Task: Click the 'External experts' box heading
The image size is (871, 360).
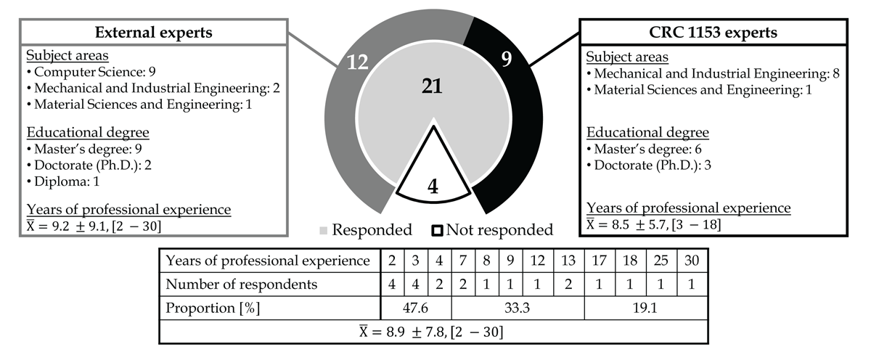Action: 154,32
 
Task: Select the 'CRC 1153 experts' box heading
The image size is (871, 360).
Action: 713,32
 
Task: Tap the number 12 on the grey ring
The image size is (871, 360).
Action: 357,62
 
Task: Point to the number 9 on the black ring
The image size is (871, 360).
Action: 507,59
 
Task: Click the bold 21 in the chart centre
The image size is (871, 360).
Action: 432,86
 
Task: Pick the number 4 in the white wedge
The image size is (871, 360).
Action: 433,187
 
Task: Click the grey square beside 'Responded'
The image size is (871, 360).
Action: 323,231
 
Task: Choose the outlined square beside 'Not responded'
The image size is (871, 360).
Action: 437,231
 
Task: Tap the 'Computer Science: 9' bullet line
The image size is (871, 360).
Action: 91,72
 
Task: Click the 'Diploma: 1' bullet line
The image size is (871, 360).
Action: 63,181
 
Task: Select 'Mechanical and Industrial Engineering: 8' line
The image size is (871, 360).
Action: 713,73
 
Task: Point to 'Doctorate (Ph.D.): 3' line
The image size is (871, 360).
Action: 649,165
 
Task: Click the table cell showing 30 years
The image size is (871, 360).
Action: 692,261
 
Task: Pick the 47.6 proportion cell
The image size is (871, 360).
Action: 416,308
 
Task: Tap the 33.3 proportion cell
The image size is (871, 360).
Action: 517,308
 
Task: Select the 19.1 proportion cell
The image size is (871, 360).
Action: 645,308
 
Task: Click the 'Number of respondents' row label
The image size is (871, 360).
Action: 242,285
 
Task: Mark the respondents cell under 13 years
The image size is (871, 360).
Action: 568,285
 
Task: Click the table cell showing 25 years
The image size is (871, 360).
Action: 661,261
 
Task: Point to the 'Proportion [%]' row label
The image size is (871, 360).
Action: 213,308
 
